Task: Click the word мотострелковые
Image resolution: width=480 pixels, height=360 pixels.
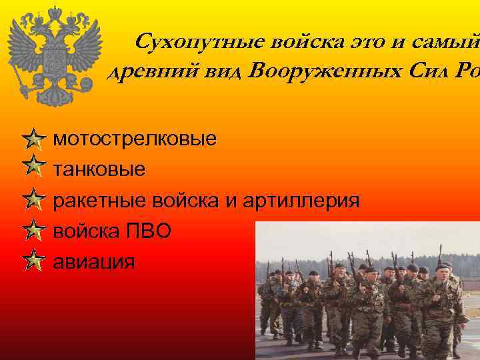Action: coord(135,141)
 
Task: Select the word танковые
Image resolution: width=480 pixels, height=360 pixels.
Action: coord(99,170)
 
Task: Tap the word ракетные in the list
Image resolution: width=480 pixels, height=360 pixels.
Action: coord(99,201)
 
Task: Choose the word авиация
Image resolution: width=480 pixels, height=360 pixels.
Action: coord(93,261)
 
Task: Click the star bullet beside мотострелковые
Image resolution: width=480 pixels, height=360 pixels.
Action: coord(33,140)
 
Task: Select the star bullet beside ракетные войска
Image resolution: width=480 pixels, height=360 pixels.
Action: coord(33,199)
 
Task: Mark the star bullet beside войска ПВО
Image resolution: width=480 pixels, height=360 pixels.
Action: coord(33,231)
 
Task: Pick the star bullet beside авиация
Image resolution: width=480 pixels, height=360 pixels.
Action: coord(33,260)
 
